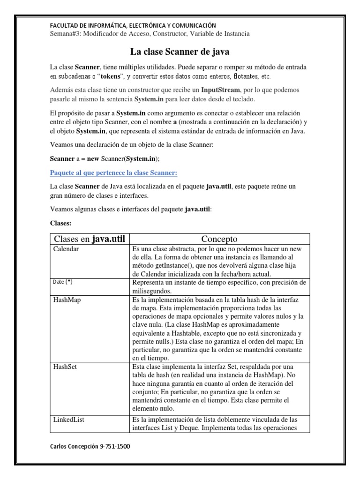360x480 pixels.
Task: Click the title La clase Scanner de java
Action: point(180,51)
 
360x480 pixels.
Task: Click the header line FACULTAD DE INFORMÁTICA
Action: point(133,25)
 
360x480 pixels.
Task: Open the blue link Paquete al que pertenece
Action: point(113,173)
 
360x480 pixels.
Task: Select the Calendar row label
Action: point(66,249)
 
